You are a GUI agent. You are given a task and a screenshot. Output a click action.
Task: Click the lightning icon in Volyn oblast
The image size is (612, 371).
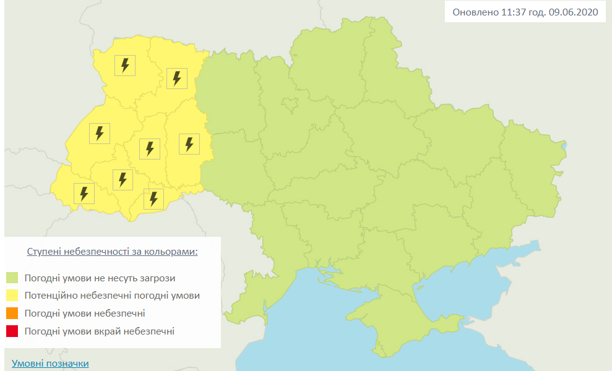pyautogui.click(x=125, y=65)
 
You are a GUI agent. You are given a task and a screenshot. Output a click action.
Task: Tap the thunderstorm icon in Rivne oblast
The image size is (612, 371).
pyautogui.click(x=177, y=78)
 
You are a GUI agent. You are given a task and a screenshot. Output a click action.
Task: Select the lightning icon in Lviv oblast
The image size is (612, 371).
pyautogui.click(x=99, y=133)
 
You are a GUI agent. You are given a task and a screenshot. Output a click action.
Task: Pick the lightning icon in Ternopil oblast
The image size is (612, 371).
pyautogui.click(x=150, y=148)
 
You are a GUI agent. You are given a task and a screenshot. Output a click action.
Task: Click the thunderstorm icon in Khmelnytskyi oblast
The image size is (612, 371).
pyautogui.click(x=189, y=143)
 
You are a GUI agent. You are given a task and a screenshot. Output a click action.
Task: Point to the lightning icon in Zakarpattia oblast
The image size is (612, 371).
pyautogui.click(x=84, y=193)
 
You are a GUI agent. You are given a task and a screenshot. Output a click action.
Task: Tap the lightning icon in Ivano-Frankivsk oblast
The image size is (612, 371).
pyautogui.click(x=123, y=180)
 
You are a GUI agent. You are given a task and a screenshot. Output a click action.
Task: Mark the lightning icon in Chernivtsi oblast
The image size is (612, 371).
pyautogui.click(x=153, y=199)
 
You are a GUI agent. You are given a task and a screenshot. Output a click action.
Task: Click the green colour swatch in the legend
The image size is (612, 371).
pyautogui.click(x=12, y=278)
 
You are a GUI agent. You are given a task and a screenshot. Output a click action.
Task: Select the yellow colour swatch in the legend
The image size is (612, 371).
pyautogui.click(x=12, y=296)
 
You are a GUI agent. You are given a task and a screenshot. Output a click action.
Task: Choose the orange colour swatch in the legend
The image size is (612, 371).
pyautogui.click(x=12, y=313)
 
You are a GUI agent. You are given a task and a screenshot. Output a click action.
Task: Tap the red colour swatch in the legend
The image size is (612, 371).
pyautogui.click(x=12, y=331)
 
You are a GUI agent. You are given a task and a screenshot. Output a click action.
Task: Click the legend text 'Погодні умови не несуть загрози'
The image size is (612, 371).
pyautogui.click(x=100, y=278)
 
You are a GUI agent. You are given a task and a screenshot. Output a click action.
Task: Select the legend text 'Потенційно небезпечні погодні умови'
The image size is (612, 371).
pyautogui.click(x=112, y=296)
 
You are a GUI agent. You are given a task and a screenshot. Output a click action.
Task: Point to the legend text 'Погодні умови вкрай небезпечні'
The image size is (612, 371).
pyautogui.click(x=100, y=331)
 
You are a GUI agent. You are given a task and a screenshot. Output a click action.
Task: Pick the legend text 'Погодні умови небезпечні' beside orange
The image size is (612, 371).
pyautogui.click(x=85, y=313)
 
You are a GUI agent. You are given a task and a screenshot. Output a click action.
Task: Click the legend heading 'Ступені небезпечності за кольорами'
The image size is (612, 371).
pyautogui.click(x=113, y=252)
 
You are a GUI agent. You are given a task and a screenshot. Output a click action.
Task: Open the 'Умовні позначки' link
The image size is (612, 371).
pyautogui.click(x=50, y=364)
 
